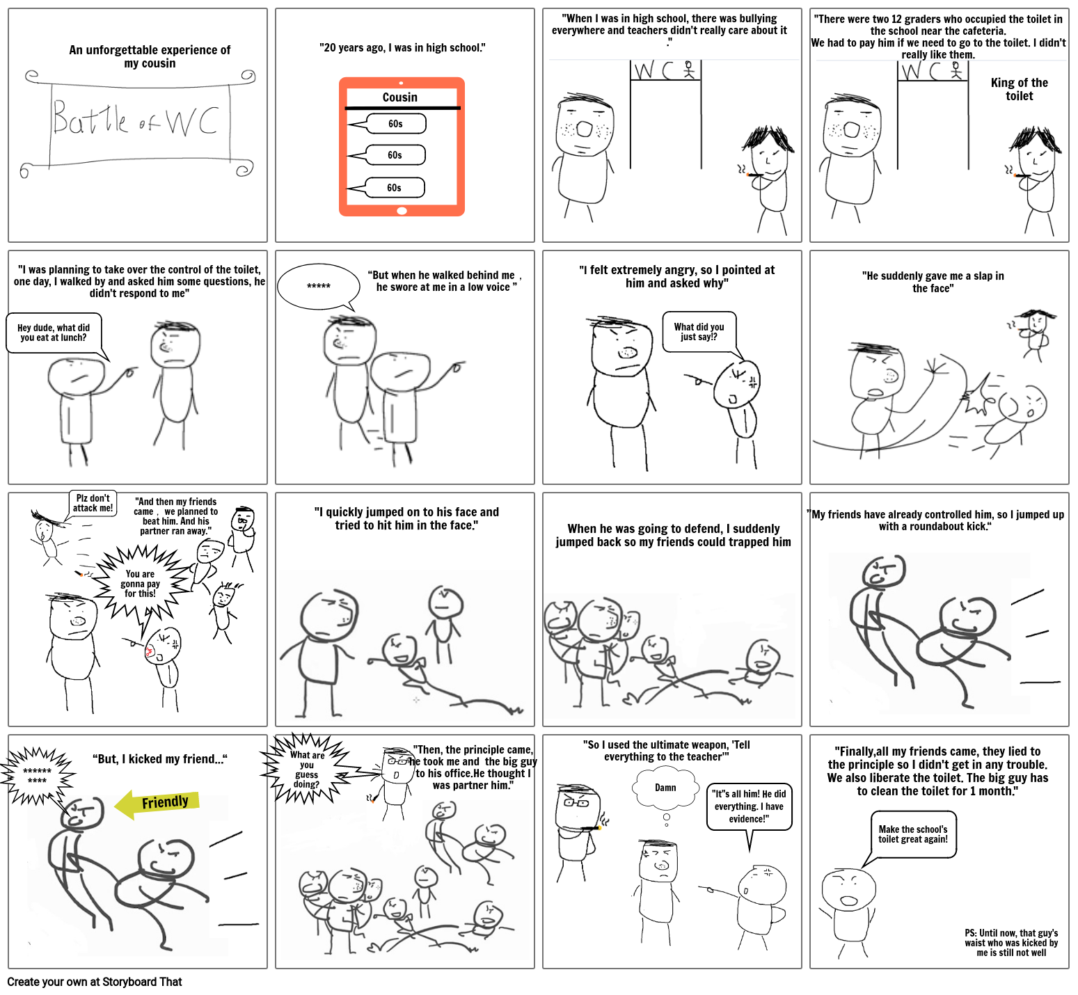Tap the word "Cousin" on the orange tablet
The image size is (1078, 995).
click(400, 97)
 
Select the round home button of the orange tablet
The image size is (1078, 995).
click(402, 210)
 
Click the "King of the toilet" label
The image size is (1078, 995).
click(1019, 89)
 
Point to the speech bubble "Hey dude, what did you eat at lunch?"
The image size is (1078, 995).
click(54, 333)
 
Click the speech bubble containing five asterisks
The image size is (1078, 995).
click(319, 286)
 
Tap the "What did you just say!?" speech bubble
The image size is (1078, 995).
click(699, 332)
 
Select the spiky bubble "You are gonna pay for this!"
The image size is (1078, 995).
click(141, 583)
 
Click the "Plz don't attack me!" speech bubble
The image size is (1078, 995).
click(93, 503)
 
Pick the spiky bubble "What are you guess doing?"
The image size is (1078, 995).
click(307, 770)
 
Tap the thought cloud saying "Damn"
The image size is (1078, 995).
click(665, 788)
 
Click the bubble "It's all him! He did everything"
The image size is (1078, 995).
click(749, 806)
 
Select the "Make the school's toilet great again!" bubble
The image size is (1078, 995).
click(912, 834)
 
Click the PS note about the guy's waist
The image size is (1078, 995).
click(1011, 943)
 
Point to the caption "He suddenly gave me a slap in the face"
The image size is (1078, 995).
click(933, 282)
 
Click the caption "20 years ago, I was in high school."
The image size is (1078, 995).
click(402, 48)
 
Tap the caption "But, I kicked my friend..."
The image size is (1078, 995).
click(160, 759)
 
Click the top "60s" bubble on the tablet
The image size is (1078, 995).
click(395, 124)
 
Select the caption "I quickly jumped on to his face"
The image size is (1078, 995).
click(406, 518)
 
